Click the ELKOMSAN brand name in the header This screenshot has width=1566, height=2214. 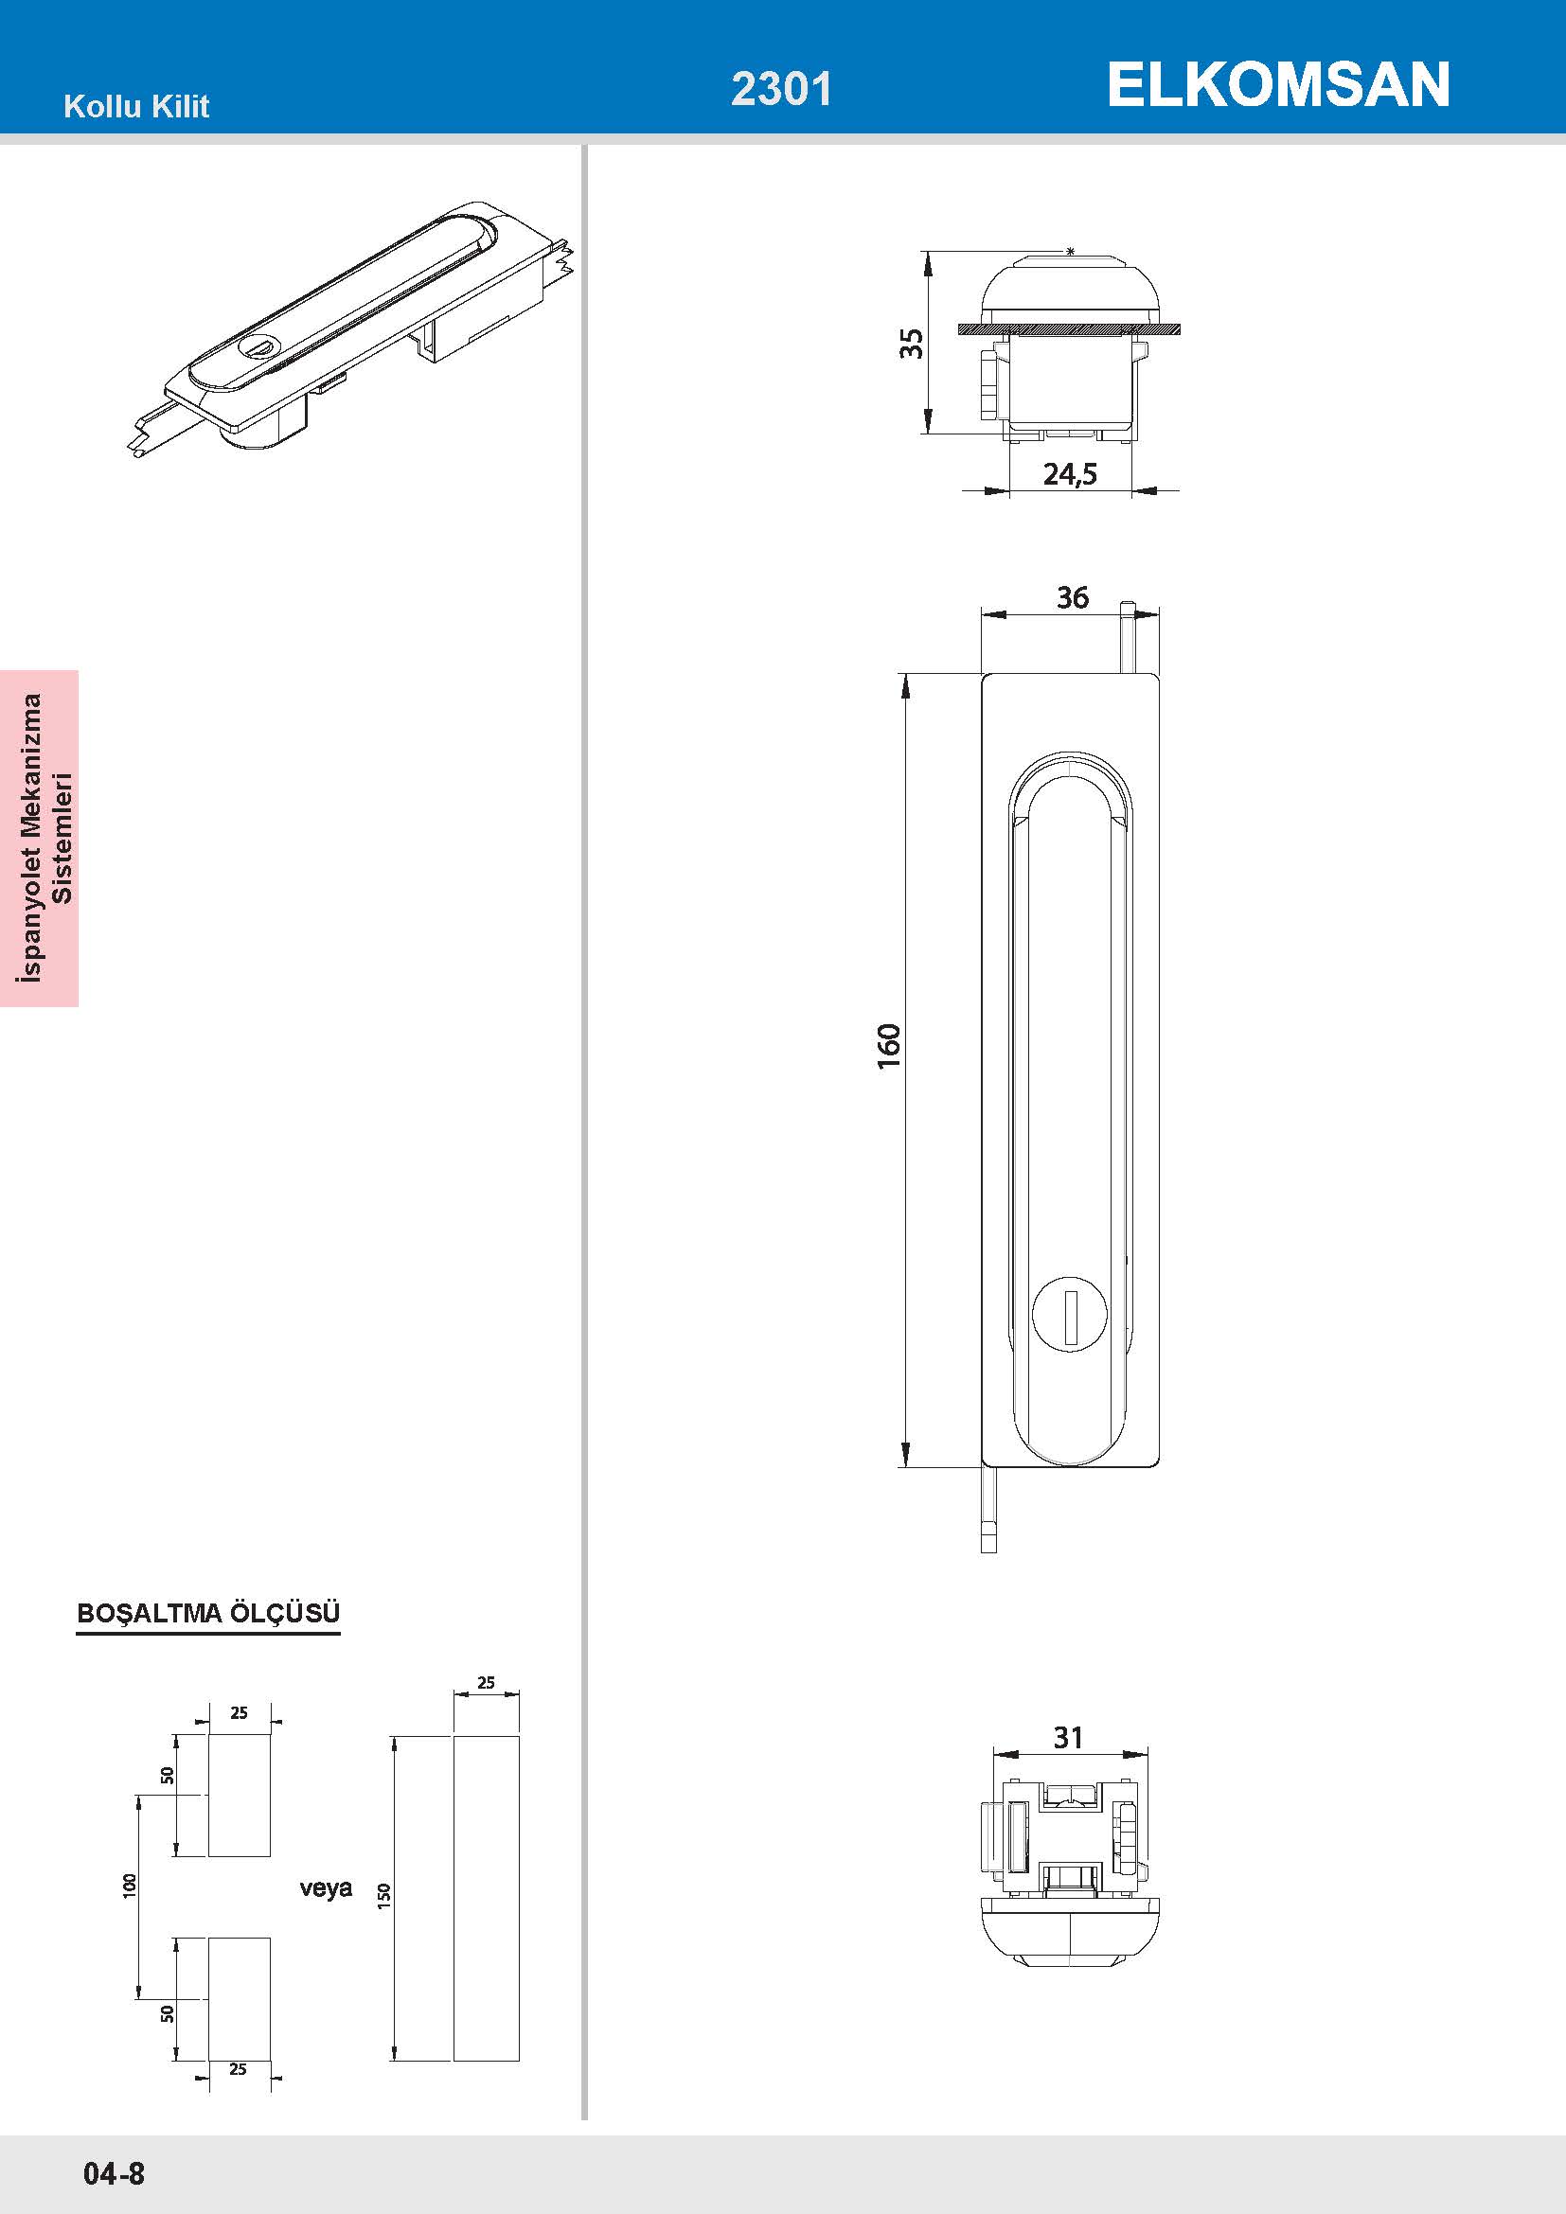(x=1277, y=85)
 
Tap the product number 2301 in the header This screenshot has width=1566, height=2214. (x=781, y=89)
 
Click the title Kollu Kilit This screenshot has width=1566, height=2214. (x=136, y=106)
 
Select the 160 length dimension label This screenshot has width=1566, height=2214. (x=889, y=1045)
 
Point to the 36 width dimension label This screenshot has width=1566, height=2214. (x=1073, y=598)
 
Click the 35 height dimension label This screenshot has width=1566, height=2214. (x=911, y=344)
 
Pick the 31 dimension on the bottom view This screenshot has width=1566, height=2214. (x=1068, y=1737)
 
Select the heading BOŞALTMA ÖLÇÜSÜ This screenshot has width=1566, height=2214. (x=208, y=1613)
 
